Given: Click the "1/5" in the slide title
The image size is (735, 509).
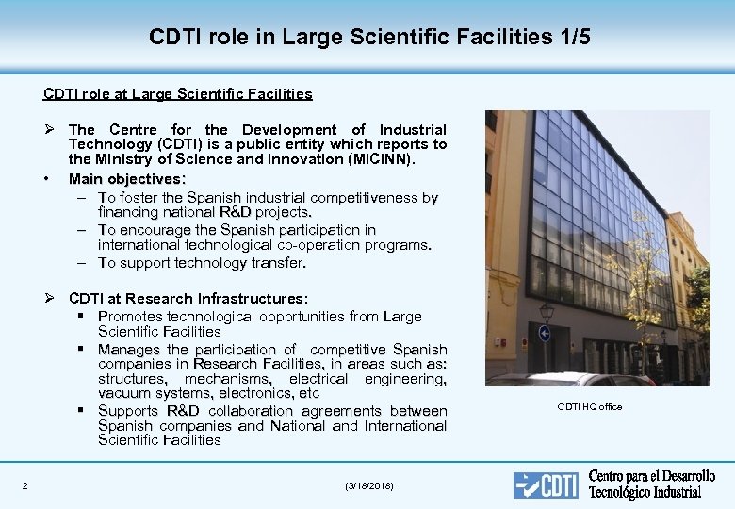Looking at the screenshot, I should click(x=569, y=37).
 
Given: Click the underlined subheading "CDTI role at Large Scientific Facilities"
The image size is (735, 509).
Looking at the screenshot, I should click(x=177, y=94).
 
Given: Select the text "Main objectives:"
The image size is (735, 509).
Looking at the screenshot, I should click(x=127, y=179).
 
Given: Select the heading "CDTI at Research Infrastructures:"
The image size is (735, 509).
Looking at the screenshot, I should click(x=188, y=299).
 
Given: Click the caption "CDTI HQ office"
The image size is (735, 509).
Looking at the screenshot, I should click(x=590, y=407).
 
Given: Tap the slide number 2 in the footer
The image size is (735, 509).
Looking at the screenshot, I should click(x=24, y=485).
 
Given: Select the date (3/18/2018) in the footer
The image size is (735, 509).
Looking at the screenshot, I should click(x=370, y=485).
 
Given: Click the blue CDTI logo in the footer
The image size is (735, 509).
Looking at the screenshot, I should click(x=546, y=484).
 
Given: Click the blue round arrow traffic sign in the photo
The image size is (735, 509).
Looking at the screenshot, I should click(x=544, y=333).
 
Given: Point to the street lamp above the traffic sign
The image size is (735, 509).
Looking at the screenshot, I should click(x=546, y=310).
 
